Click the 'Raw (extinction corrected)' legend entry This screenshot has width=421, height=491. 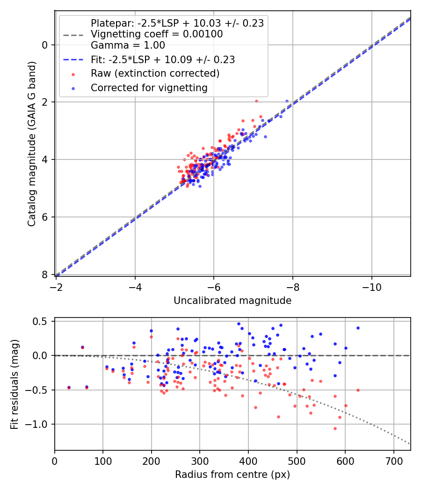point(155,73)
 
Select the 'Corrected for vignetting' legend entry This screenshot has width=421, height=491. point(149,87)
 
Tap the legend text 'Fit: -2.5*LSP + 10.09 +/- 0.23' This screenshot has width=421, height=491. point(162,60)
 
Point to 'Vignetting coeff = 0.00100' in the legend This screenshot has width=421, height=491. point(157,34)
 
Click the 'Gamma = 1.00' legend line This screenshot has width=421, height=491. point(128,45)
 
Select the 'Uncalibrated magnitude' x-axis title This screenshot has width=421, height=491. point(232,301)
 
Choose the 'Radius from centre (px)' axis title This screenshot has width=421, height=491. point(232,475)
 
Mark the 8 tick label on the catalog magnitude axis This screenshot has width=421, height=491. point(45,274)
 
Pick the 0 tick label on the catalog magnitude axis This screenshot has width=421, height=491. point(45,45)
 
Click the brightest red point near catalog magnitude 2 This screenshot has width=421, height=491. point(256,101)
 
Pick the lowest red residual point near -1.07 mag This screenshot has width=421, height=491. point(335,428)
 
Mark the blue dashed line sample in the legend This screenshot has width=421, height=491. point(73,60)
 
